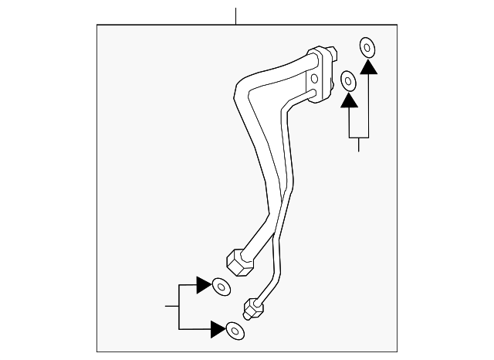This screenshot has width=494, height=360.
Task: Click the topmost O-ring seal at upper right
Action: tap(367, 47)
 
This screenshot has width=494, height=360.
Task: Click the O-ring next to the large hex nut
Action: tap(221, 287)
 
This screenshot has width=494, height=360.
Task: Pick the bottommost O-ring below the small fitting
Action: tap(233, 331)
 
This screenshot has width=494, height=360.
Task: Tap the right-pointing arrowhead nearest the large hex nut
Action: tap(204, 284)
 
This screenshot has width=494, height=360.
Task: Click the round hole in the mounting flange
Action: tap(314, 80)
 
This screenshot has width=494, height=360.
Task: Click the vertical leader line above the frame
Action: tap(237, 15)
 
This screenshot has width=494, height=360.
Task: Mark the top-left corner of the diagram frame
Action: tap(96, 25)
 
